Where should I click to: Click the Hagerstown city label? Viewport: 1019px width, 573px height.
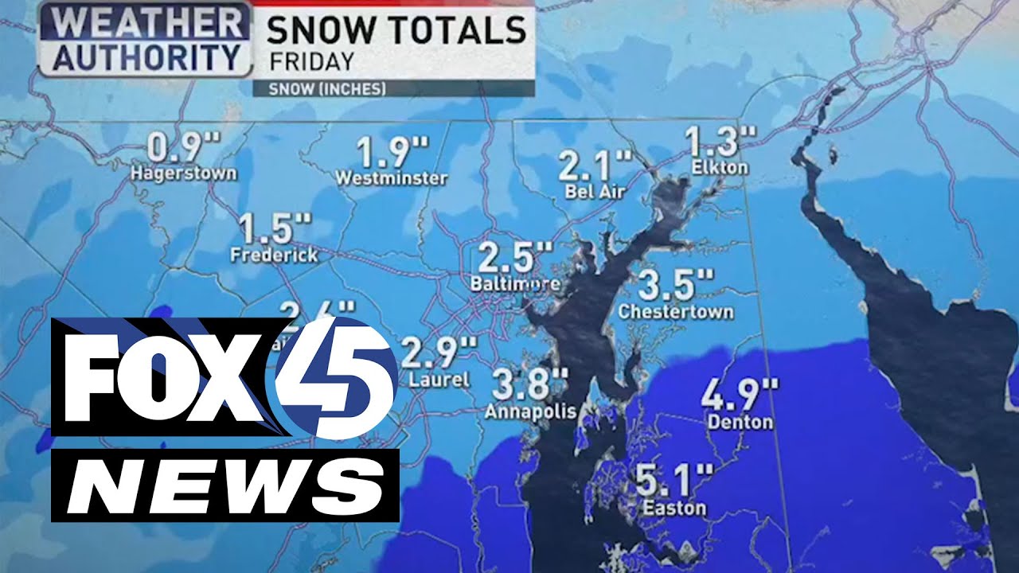pos(184,173)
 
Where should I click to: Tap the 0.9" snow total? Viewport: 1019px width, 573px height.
pos(184,149)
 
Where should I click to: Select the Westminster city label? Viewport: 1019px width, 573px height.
pos(391,178)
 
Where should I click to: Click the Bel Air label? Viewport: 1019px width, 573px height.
pos(595,191)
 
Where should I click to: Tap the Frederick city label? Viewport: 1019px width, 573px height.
pos(274,255)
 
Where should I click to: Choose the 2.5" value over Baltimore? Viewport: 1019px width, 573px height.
pos(515,259)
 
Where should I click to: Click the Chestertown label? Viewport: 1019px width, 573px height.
pos(676,311)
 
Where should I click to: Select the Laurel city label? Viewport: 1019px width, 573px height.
pos(439,380)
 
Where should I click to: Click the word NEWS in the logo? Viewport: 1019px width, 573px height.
pos(224,485)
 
